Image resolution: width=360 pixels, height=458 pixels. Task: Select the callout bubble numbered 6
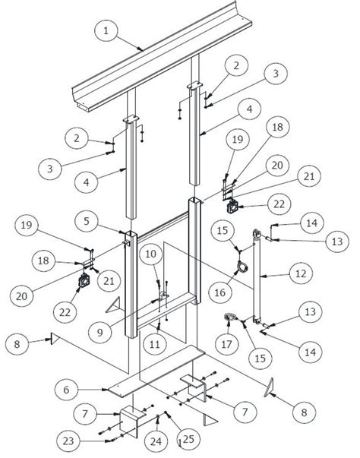point(68,389)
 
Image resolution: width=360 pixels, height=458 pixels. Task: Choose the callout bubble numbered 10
point(150,254)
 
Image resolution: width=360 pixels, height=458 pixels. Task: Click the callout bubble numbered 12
point(303,271)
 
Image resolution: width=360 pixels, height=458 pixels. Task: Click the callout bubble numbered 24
point(156,440)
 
